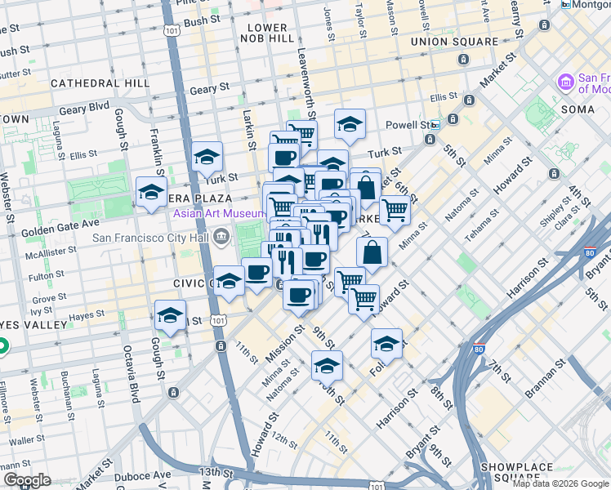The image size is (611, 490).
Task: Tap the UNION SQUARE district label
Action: coord(455,42)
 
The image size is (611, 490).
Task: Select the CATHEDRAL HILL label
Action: coord(100,83)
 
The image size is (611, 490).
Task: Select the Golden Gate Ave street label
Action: coord(60,221)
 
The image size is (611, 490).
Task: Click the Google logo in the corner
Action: coord(27,480)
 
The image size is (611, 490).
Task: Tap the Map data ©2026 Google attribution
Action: coord(560,483)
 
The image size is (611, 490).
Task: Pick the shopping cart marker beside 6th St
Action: coord(395,209)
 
